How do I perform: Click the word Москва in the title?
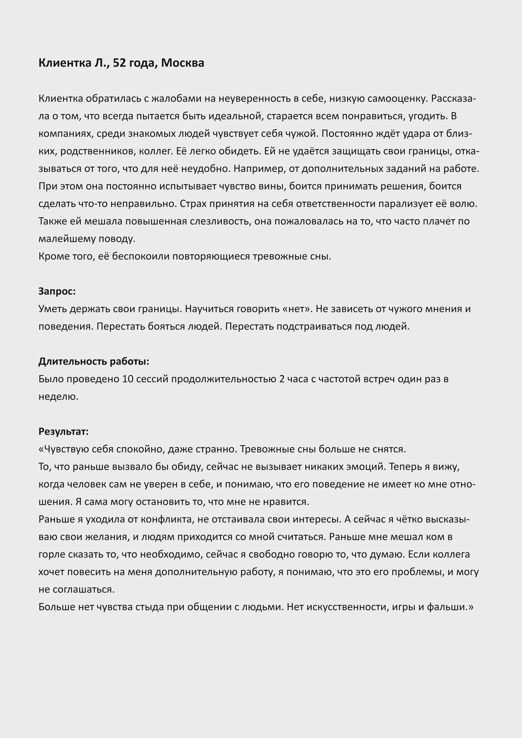tap(183, 63)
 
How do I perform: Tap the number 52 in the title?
tap(120, 63)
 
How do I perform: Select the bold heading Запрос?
tap(57, 291)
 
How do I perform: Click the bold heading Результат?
tap(63, 431)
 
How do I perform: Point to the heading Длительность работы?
tap(94, 361)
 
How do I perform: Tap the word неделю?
tap(58, 396)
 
